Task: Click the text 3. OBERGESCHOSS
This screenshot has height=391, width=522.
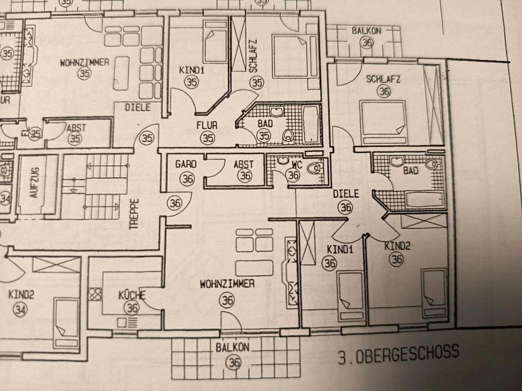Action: click(397, 355)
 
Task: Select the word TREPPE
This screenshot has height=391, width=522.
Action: click(134, 215)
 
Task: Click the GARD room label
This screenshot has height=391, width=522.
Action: click(185, 164)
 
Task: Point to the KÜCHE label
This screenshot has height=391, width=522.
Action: click(132, 295)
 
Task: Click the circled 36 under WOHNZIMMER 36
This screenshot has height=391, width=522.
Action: click(227, 299)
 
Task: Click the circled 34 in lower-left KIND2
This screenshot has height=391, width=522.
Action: click(21, 310)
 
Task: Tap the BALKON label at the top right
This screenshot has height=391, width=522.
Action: click(366, 31)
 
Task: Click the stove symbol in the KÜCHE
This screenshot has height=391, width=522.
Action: click(96, 295)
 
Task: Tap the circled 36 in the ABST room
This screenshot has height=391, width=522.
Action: click(245, 175)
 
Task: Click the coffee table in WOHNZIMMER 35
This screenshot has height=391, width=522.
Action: click(121, 73)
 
